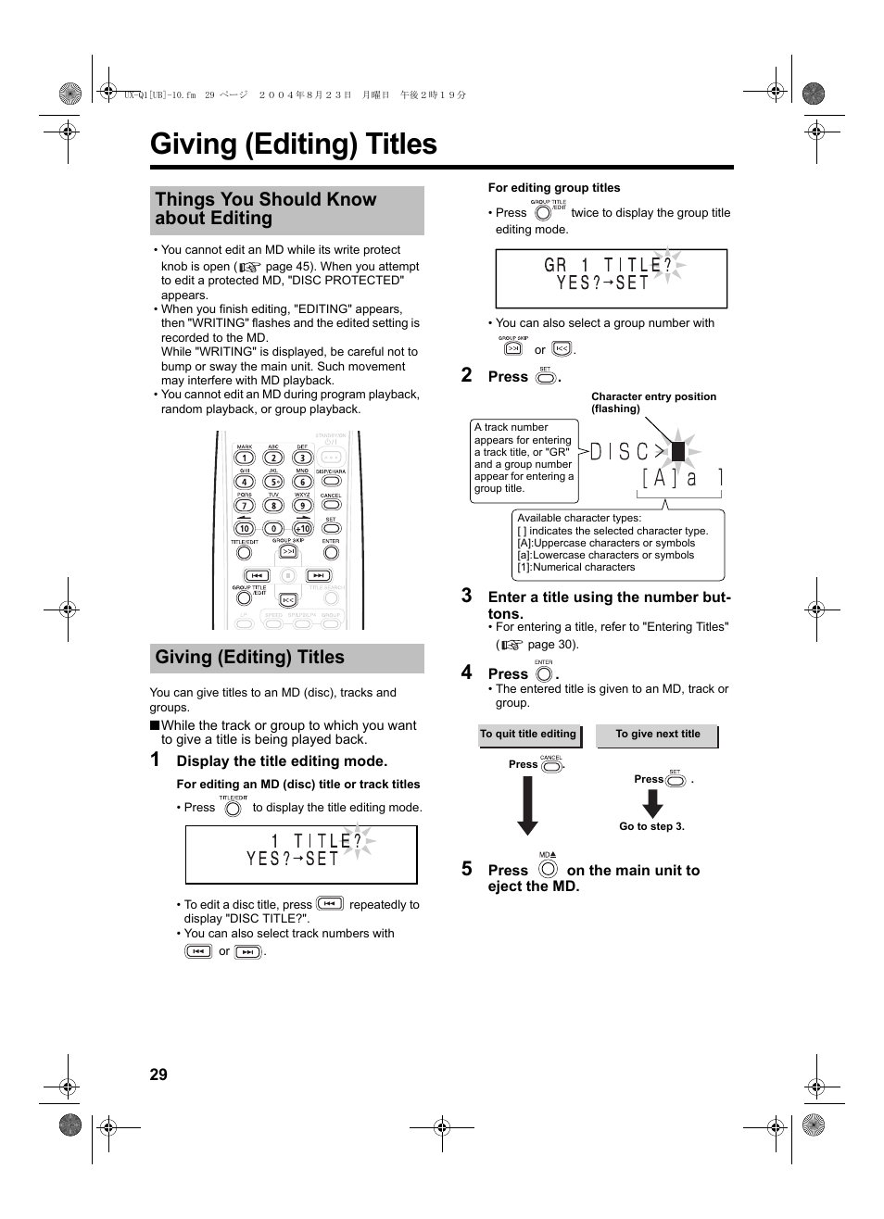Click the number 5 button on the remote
click(273, 482)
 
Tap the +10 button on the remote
click(302, 529)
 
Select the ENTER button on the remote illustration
click(331, 553)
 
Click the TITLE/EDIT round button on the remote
click(244, 553)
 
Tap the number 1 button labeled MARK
click(244, 458)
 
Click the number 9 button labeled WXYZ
click(302, 506)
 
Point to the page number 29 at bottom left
click(158, 1074)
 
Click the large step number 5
click(467, 869)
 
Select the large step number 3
click(467, 596)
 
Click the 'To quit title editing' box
click(528, 735)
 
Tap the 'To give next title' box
click(658, 735)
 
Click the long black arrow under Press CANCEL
click(527, 805)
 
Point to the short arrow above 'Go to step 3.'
click(652, 803)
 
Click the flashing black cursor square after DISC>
click(678, 452)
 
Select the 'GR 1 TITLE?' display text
click(607, 265)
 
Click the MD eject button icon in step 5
click(548, 869)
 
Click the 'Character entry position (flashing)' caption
click(653, 402)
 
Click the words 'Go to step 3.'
click(651, 826)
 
